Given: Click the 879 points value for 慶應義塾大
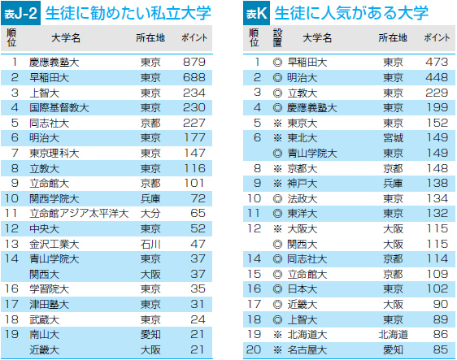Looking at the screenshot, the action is [x=194, y=62].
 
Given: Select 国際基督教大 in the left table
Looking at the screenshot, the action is [x=59, y=108].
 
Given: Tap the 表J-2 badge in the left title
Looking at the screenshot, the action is [x=20, y=13].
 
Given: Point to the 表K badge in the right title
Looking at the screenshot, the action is [x=256, y=13].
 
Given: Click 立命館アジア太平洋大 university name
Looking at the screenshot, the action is [x=79, y=214].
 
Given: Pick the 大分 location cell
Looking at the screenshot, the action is [x=150, y=214].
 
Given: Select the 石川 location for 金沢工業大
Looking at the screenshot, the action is [x=150, y=244].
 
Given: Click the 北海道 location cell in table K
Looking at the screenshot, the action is [x=394, y=335].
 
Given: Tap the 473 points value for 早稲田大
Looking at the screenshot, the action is [x=437, y=62].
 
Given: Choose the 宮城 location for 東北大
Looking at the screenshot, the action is [x=394, y=138].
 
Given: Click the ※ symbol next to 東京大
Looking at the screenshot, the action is [x=277, y=124].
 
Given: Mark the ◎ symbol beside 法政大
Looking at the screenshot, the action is [x=277, y=199].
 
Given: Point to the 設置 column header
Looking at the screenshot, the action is [x=277, y=38].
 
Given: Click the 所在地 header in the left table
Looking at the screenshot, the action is [x=150, y=38].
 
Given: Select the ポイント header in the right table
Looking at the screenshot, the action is [x=437, y=38].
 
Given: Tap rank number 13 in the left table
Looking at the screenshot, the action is [x=11, y=244].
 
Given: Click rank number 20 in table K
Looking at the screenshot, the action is [x=254, y=349].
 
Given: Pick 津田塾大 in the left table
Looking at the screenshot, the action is [x=50, y=305].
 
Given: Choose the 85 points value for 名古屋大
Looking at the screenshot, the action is [x=441, y=349].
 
